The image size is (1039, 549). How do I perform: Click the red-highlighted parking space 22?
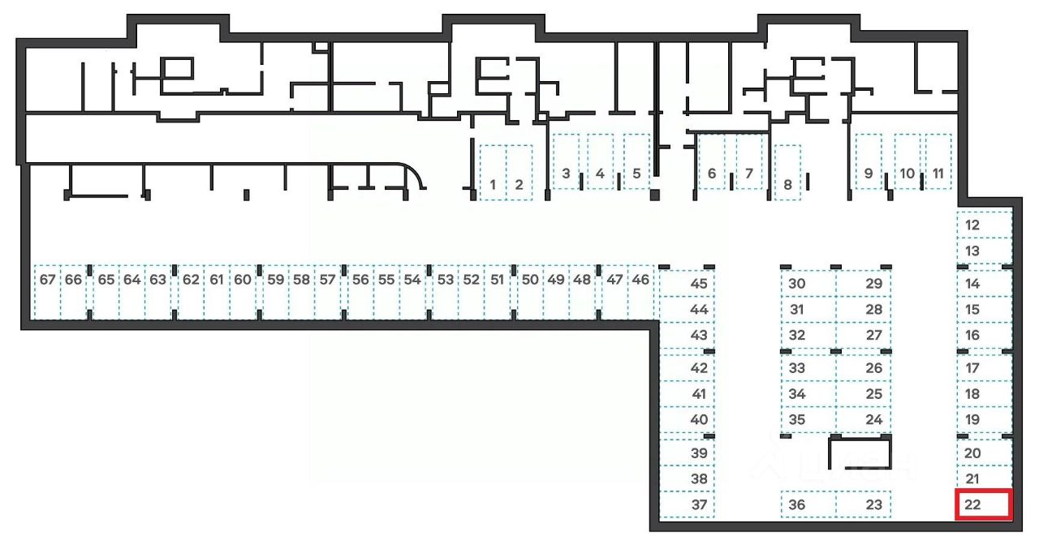coord(983,505)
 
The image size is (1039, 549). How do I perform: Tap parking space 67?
coord(48,291)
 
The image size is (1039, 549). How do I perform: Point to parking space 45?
coord(688,284)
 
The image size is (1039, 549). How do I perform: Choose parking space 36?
coord(808,504)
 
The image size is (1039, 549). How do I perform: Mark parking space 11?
coord(938,161)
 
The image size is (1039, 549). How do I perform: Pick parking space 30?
coord(808,284)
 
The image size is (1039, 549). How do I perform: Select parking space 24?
coord(864,420)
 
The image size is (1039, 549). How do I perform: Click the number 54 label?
coord(412,280)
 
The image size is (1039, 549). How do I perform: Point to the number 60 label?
coord(242,280)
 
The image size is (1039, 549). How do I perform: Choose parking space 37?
coord(688,504)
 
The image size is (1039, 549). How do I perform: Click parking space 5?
coord(636,161)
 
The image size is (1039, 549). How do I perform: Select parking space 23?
coord(864,504)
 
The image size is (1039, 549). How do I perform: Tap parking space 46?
coord(641,291)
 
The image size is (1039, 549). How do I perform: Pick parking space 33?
coord(808,368)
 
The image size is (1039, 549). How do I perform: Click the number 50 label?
coord(529,280)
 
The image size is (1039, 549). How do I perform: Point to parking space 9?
coord(869,161)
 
